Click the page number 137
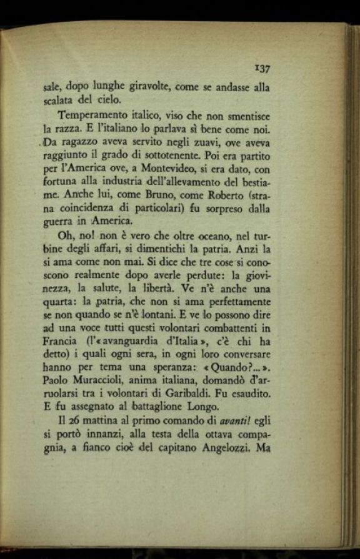[x=261, y=69]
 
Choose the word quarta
[x=59, y=304]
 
